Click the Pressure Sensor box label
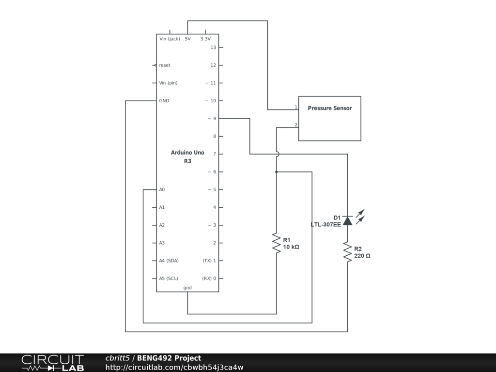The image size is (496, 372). (x=329, y=108)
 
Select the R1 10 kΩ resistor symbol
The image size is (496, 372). (x=276, y=243)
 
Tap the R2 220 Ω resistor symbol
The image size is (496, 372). (x=347, y=252)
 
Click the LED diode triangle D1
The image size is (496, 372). (x=347, y=221)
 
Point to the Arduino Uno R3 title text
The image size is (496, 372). (x=187, y=156)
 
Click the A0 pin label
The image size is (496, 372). (x=162, y=189)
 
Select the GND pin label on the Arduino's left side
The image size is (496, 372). (x=164, y=101)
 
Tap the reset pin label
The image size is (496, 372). (x=165, y=65)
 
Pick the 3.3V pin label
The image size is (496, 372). (x=205, y=39)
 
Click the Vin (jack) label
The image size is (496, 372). (x=170, y=39)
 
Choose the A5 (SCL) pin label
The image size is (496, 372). (x=169, y=279)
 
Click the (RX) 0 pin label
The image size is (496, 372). (x=209, y=279)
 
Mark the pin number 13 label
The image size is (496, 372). (x=213, y=47)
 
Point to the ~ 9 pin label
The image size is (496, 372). (x=212, y=118)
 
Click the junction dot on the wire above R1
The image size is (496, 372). (x=276, y=171)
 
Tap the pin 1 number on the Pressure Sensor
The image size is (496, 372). (x=296, y=107)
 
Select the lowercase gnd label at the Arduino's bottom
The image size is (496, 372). (x=187, y=288)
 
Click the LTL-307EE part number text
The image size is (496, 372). (x=325, y=224)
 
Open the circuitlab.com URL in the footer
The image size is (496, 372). (x=174, y=367)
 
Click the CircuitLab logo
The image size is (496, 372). (x=52, y=363)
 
